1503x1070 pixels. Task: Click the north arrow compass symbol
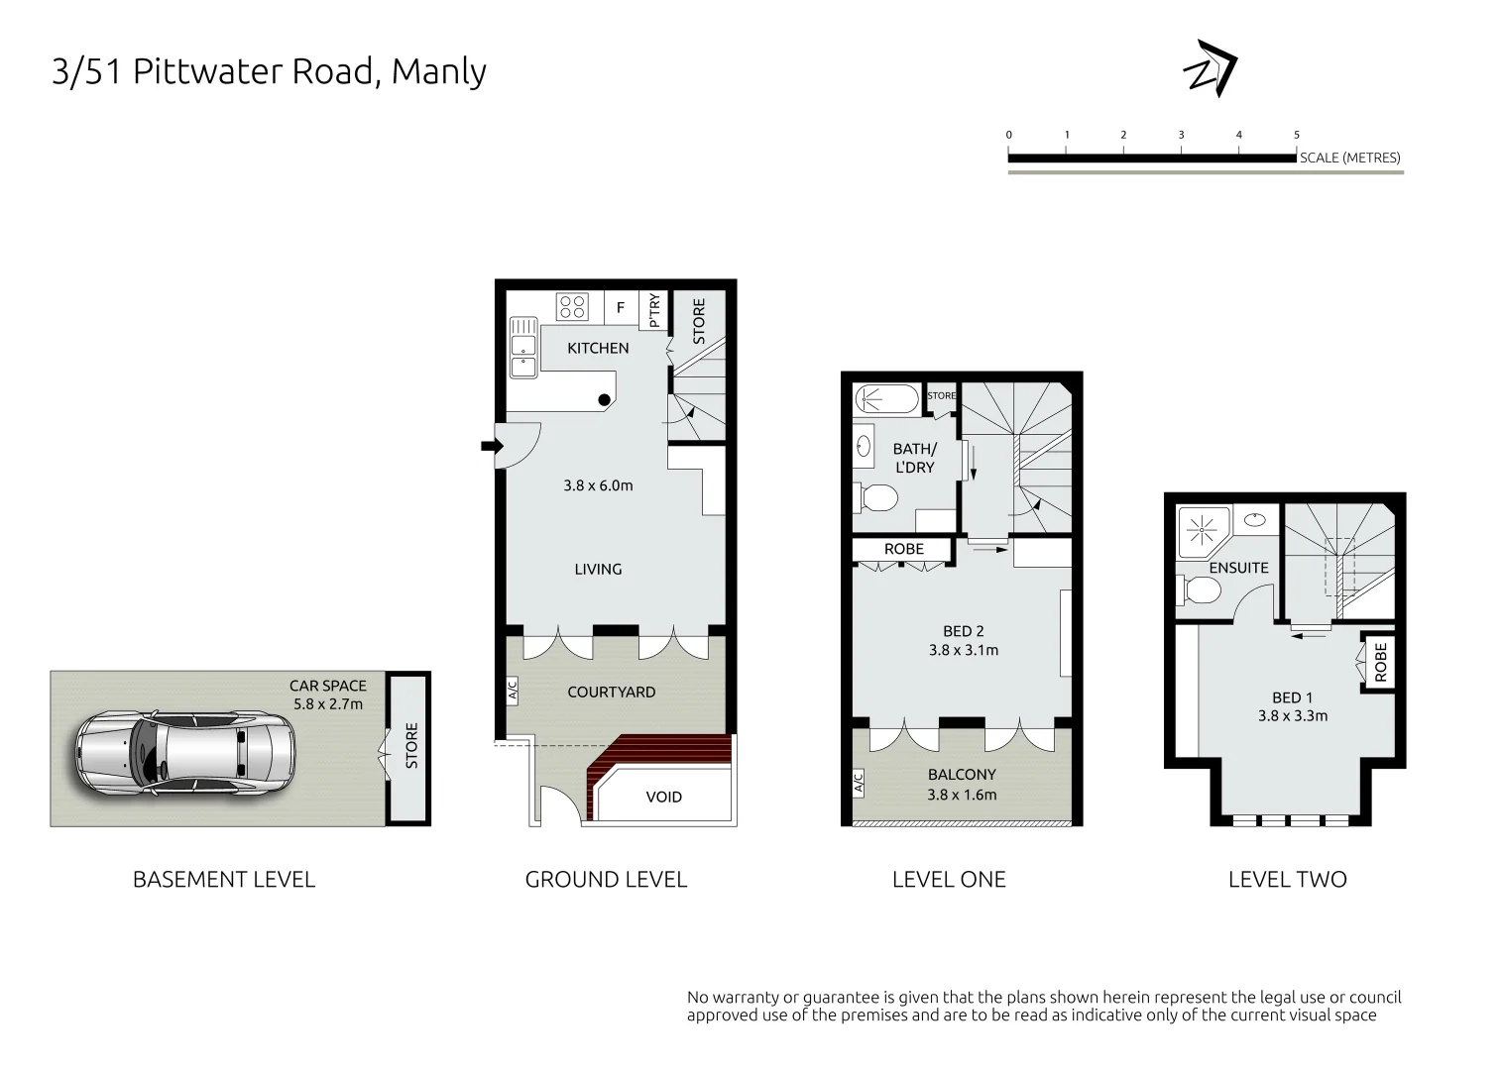[x=1211, y=69]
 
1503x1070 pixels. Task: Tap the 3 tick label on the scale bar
[x=1181, y=135]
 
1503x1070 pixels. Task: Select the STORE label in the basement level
[x=411, y=746]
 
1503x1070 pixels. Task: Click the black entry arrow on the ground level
[x=491, y=446]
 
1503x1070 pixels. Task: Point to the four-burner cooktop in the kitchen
[x=572, y=307]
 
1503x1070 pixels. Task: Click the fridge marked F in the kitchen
[x=621, y=307]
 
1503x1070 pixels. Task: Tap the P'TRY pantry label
[x=654, y=310]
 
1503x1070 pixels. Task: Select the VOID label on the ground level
[x=663, y=797]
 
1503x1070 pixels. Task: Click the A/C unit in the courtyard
[x=513, y=690]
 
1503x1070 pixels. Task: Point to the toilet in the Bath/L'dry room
[x=874, y=496]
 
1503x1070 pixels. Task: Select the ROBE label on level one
[x=903, y=549]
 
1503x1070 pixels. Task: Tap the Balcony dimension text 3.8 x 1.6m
[x=962, y=795]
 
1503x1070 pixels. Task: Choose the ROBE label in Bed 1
[x=1381, y=661]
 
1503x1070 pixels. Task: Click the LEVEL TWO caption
[x=1287, y=879]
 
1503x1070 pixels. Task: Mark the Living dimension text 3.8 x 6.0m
[x=598, y=485]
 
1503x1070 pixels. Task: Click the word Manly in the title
[x=438, y=71]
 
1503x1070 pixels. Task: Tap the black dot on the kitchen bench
[x=604, y=399]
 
